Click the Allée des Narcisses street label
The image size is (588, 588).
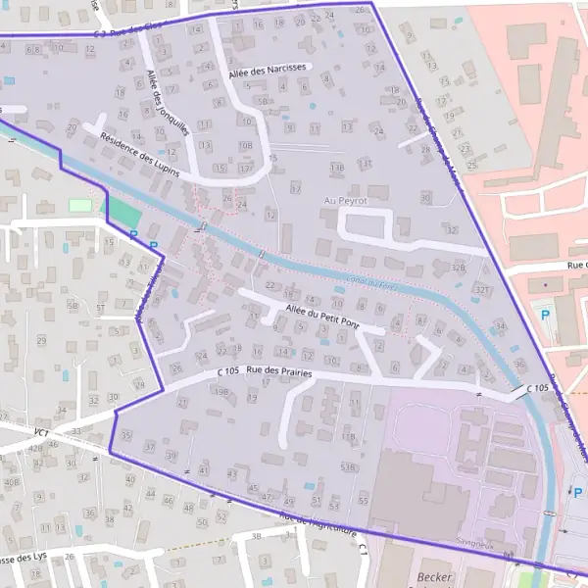(x=269, y=70)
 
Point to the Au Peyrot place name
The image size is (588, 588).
(x=345, y=200)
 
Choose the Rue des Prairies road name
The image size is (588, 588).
(x=279, y=371)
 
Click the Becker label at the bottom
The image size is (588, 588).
(x=434, y=576)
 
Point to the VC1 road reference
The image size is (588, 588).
(x=41, y=431)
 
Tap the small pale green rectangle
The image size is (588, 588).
(x=79, y=206)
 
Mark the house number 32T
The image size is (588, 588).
(x=481, y=290)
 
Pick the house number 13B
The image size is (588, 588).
(x=337, y=168)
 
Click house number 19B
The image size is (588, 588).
(x=221, y=392)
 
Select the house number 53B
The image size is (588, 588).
(x=347, y=468)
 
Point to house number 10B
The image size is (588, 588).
(x=245, y=145)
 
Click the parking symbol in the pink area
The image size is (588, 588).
(x=545, y=314)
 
